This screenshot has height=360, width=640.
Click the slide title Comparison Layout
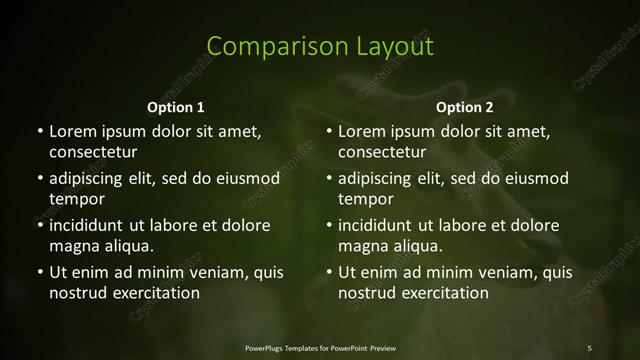pos(320,46)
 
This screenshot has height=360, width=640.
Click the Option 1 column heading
pos(176,107)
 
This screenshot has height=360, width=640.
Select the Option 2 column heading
pos(465,107)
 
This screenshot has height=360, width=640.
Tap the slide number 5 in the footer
pos(589,347)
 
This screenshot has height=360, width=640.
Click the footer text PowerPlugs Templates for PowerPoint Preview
pos(320,347)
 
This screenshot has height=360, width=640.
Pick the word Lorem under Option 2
pos(362,131)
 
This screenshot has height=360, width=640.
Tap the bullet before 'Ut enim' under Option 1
pos(39,272)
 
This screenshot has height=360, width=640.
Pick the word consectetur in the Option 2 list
pos(382,152)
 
